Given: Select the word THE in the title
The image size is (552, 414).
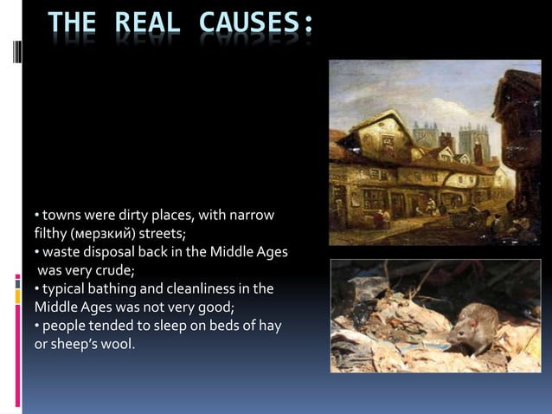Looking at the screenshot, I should pyautogui.click(x=70, y=25).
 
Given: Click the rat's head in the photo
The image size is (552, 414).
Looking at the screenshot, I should pyautogui.click(x=465, y=318).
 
